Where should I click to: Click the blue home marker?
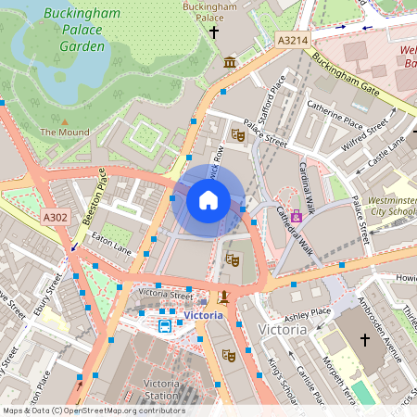tap(208, 199)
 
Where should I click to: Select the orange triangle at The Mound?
tap(65, 120)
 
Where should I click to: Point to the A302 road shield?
tap(55, 216)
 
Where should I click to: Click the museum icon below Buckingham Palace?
tap(230, 62)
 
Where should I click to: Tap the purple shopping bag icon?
tap(297, 215)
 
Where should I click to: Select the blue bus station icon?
tap(165, 326)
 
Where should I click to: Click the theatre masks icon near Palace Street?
tap(238, 135)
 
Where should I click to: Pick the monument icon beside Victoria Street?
tap(222, 298)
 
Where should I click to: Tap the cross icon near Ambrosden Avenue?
tap(364, 340)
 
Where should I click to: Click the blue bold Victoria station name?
tap(203, 315)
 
